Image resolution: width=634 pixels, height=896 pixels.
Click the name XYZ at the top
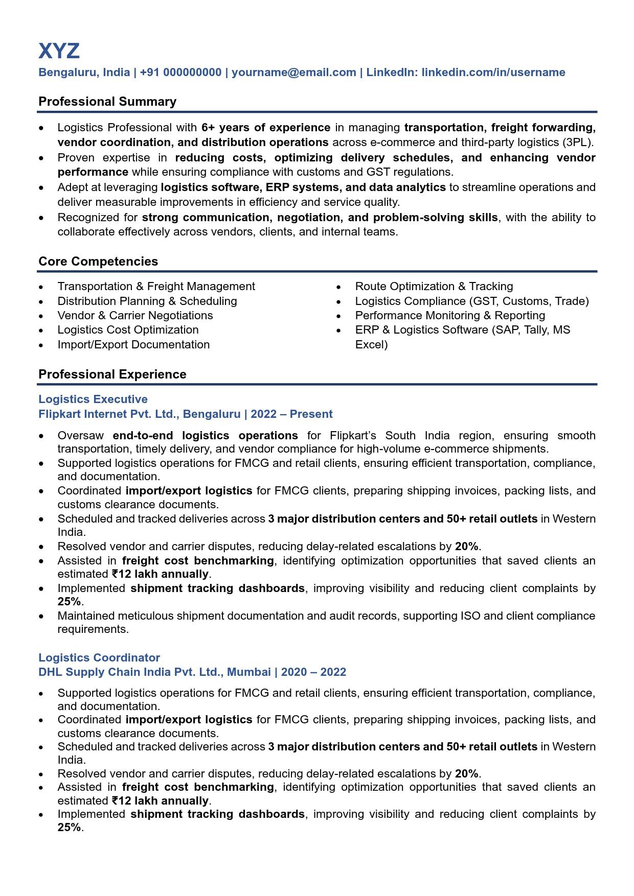coord(59,51)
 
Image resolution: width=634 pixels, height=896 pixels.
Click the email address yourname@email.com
coord(294,73)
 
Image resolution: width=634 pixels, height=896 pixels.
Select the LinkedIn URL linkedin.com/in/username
coord(493,73)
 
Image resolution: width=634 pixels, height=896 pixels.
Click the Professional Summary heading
coord(107,102)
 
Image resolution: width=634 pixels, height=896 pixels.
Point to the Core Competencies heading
coord(98,262)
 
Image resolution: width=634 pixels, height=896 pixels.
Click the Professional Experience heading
coord(112,374)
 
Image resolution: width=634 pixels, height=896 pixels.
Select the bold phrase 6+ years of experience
coord(266,128)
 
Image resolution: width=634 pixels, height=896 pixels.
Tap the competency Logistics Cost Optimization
coord(128,330)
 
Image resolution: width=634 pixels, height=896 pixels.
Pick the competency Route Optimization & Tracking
coord(434,287)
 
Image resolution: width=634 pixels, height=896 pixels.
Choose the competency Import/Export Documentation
coord(133,345)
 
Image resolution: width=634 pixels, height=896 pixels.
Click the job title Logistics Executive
coord(93,399)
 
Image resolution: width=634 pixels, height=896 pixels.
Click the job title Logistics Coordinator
coord(99,658)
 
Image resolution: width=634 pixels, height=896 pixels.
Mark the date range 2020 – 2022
coord(313,672)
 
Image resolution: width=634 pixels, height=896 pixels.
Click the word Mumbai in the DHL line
coord(249,672)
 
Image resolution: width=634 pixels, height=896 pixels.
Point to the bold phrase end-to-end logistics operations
coord(205,436)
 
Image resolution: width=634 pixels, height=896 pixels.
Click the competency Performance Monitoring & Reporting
coord(450,316)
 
